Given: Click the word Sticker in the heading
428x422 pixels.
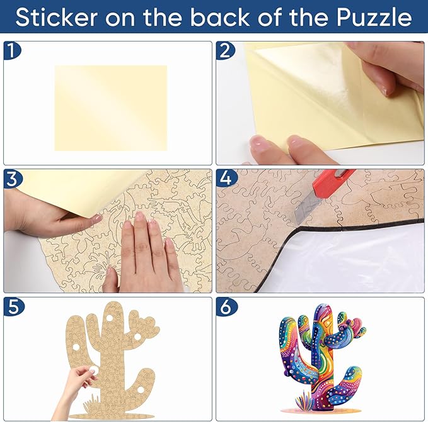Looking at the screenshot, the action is click(x=57, y=17).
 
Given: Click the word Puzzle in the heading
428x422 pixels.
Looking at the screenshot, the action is click(x=374, y=17).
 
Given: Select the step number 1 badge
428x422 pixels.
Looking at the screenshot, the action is click(x=12, y=50).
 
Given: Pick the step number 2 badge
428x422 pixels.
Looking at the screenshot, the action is click(x=224, y=50).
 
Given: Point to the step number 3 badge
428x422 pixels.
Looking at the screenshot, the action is click(x=12, y=179).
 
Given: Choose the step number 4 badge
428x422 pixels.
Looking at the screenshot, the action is click(x=226, y=179).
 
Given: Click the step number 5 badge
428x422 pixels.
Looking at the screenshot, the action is click(x=13, y=307).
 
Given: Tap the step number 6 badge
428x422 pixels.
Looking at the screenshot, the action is click(x=226, y=307).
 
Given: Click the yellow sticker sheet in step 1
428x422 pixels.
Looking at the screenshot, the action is click(x=111, y=108).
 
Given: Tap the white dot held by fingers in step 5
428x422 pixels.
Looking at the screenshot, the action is click(x=94, y=370).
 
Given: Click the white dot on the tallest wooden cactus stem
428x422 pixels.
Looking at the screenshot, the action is click(x=110, y=318).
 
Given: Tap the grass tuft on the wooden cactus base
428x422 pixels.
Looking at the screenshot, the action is click(x=91, y=404).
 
